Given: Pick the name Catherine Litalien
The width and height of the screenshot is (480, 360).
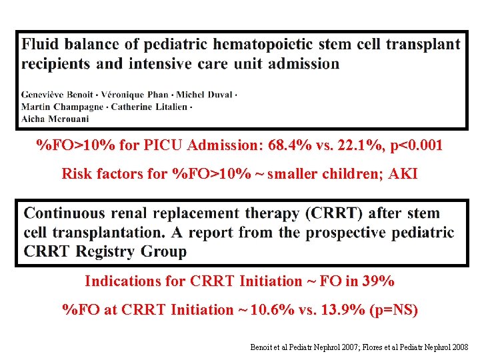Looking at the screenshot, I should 153,107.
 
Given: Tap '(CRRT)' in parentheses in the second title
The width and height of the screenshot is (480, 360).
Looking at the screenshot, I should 333,213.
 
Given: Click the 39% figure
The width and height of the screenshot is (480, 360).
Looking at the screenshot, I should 378,281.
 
